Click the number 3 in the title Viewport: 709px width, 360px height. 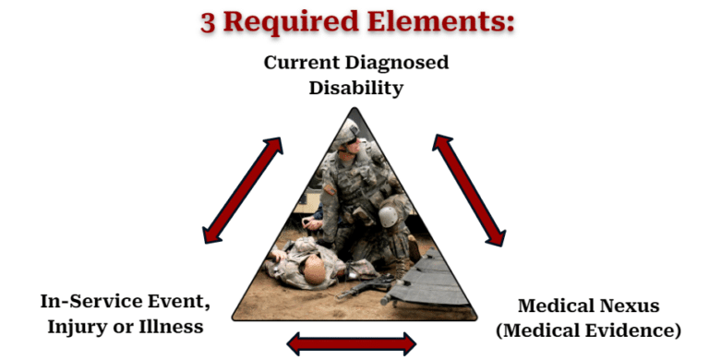210,21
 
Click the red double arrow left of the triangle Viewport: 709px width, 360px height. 243,190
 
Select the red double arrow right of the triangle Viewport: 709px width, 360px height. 468,189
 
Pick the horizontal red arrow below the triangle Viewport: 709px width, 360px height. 352,344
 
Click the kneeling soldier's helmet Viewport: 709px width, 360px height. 347,135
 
